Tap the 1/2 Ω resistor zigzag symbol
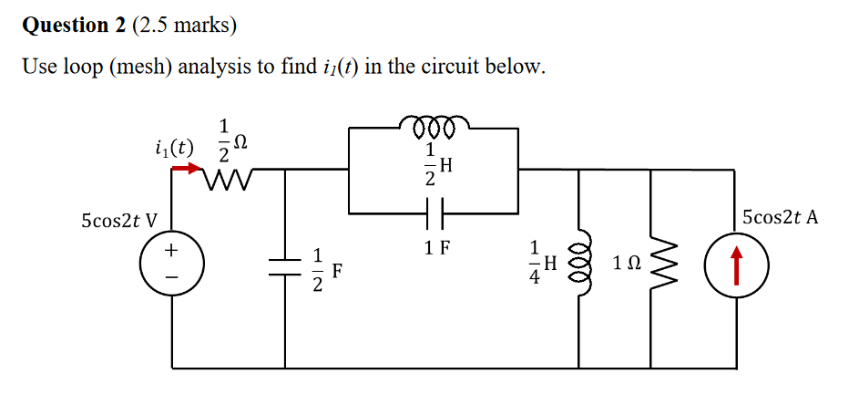tap(225, 170)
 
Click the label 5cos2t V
tap(118, 220)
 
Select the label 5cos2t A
tap(780, 217)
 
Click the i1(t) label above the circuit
tap(174, 145)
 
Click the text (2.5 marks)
tap(185, 26)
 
